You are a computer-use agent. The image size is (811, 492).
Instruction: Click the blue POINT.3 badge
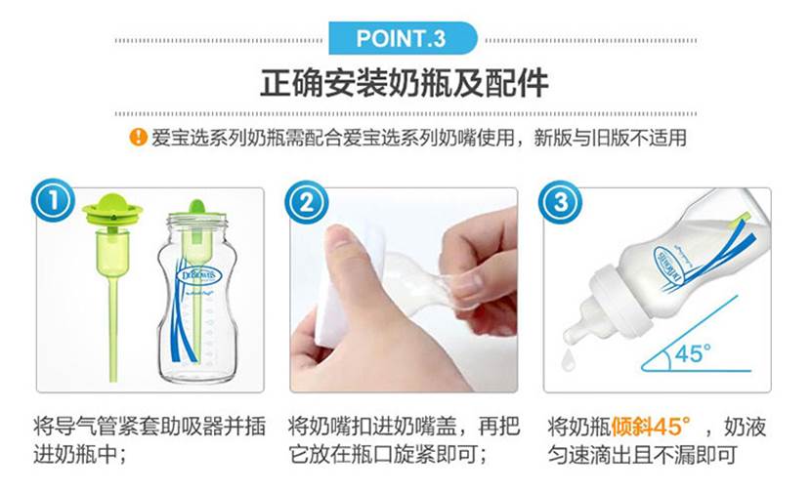(x=403, y=38)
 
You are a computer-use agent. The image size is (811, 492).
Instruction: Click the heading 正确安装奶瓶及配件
(x=404, y=83)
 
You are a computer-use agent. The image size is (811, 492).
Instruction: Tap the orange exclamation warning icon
(x=138, y=138)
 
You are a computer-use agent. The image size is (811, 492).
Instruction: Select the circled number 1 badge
(x=54, y=200)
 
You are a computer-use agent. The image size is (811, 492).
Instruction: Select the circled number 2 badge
(x=307, y=202)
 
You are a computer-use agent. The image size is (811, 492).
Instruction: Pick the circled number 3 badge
(x=560, y=202)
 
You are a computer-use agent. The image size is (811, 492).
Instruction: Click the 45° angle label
(x=693, y=354)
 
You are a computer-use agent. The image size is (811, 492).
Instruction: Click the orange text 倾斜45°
(x=651, y=427)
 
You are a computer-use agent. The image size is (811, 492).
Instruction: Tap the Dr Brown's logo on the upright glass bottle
(x=199, y=275)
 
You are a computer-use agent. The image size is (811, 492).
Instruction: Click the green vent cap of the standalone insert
(x=112, y=209)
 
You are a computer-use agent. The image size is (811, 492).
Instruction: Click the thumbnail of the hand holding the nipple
(x=404, y=290)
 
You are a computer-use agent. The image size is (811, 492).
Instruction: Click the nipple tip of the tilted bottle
(x=572, y=335)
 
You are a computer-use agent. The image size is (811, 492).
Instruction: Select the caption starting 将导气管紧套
(x=149, y=441)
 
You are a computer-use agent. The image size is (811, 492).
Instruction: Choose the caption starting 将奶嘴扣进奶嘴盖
(x=404, y=441)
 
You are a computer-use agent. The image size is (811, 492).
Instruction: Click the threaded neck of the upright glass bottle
(x=196, y=225)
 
